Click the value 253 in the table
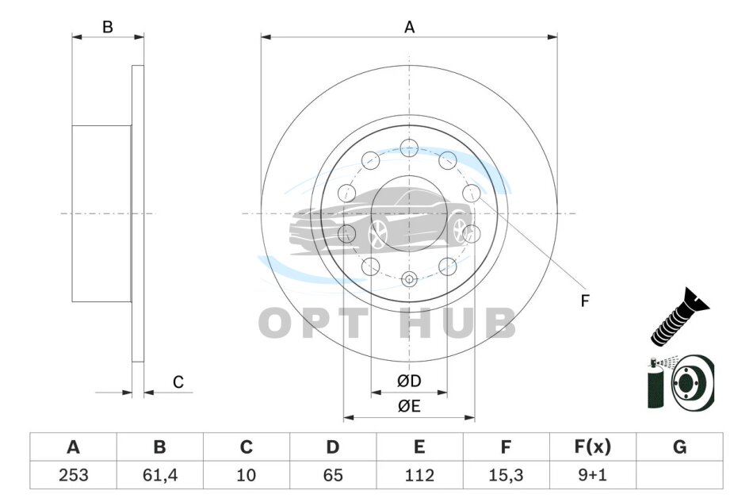[x=74, y=475]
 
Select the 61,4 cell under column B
[x=160, y=475]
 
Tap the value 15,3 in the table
[x=506, y=475]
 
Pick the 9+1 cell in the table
[x=593, y=475]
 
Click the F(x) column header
[x=593, y=446]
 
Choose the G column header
[x=679, y=446]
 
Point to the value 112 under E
[x=419, y=475]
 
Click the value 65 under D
[x=333, y=475]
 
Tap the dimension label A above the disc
[x=409, y=28]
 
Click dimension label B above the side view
[x=108, y=27]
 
